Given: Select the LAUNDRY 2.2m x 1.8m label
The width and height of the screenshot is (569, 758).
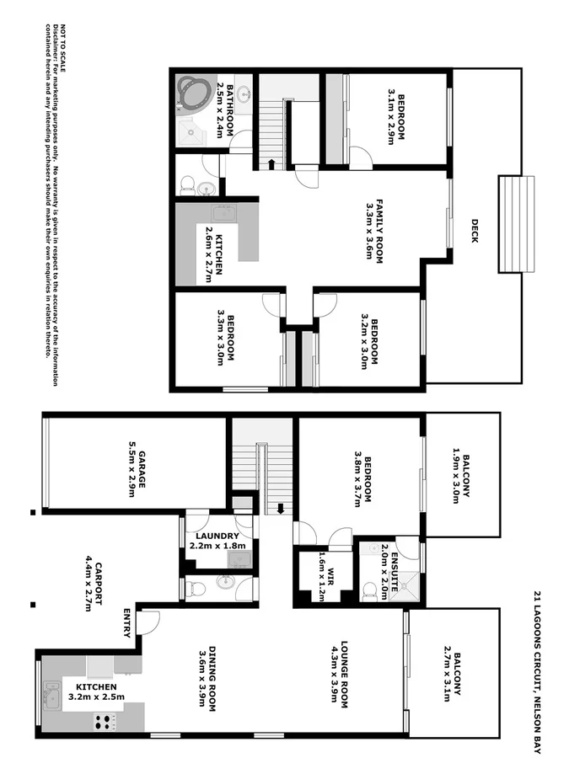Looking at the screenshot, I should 217,541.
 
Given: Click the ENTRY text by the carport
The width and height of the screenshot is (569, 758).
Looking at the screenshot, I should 127,622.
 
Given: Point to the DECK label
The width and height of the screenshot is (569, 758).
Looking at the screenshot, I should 475,231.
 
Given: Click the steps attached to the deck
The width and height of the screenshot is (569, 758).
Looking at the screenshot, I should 516,224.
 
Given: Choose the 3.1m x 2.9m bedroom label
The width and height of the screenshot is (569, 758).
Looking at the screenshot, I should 396,117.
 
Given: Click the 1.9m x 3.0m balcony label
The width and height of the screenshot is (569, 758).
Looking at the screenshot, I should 460,478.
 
